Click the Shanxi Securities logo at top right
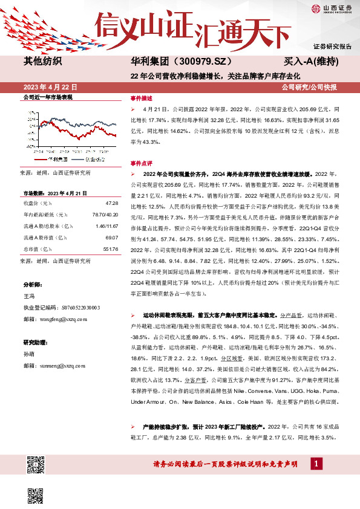click(331, 8)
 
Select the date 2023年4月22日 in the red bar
click(47, 87)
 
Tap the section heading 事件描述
click(142, 98)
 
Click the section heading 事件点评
click(142, 163)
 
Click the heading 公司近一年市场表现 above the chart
click(47, 97)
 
